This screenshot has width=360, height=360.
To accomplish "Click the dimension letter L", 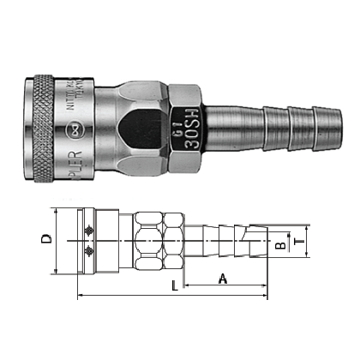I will coord(176,285).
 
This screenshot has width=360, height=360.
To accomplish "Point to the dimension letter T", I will coord(299,243).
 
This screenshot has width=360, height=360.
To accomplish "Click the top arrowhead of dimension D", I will coord(57,211).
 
